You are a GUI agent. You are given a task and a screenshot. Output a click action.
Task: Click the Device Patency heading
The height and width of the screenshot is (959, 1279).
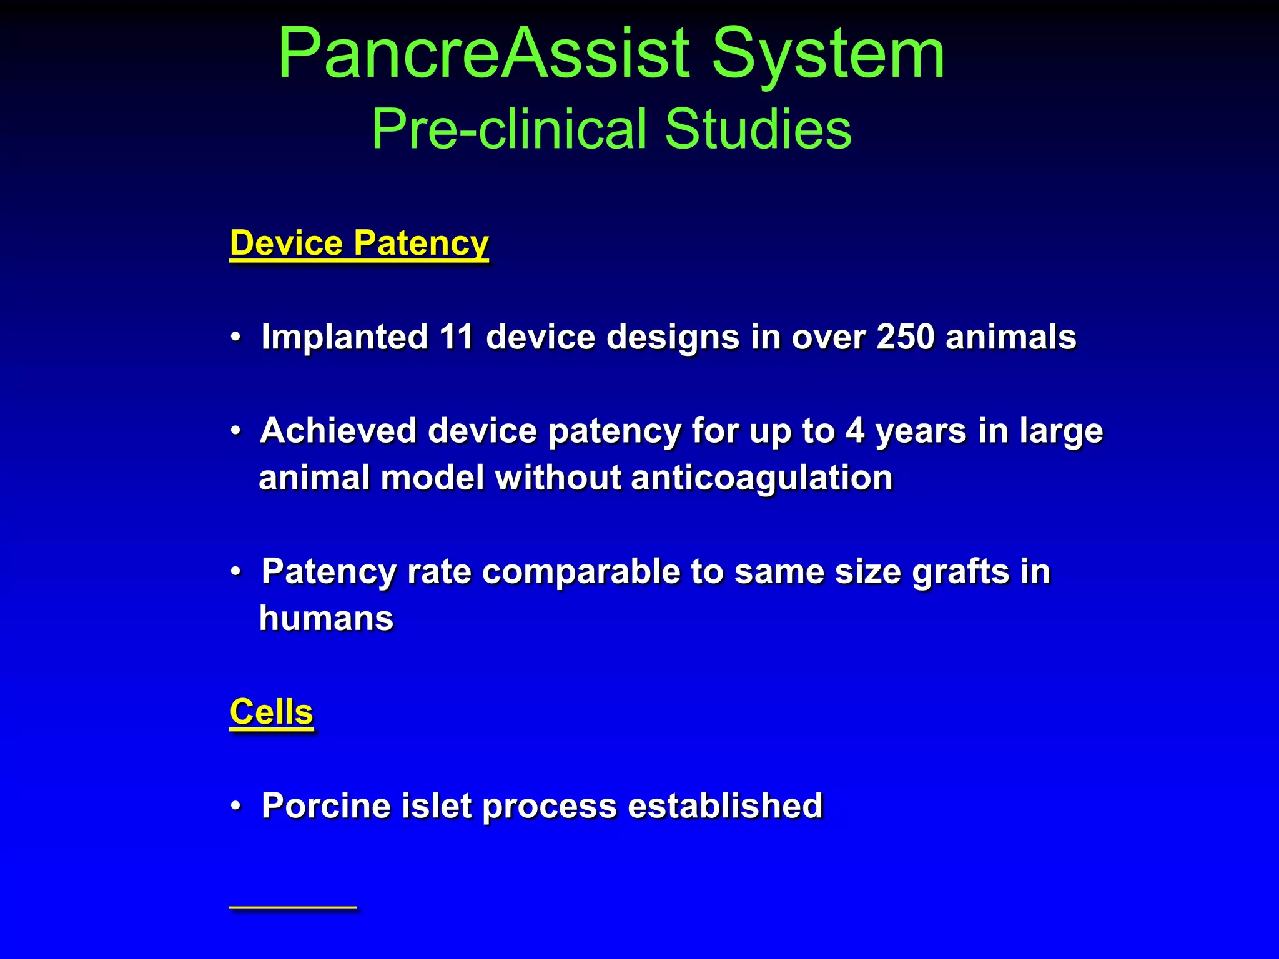[359, 243]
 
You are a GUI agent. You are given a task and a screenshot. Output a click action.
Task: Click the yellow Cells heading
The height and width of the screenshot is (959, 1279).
[271, 712]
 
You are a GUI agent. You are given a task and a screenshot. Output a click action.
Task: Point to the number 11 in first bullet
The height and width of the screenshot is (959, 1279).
[456, 337]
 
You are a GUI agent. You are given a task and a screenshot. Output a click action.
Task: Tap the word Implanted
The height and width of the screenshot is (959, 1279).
[344, 337]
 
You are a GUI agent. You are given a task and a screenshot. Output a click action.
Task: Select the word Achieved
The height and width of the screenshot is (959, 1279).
[338, 431]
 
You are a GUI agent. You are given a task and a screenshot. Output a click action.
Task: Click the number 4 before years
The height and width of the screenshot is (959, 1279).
[855, 431]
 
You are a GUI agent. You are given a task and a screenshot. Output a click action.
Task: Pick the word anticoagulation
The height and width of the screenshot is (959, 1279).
[762, 478]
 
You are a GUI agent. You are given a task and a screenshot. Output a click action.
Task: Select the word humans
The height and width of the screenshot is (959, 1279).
[326, 618]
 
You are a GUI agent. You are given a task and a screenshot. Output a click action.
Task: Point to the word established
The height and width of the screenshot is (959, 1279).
[725, 805]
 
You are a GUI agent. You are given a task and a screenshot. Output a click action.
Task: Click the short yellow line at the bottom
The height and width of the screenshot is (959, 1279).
[293, 906]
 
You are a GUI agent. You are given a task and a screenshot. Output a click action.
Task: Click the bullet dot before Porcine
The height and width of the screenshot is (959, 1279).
[235, 806]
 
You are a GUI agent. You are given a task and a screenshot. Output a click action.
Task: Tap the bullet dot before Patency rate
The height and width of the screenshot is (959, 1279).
[235, 572]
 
